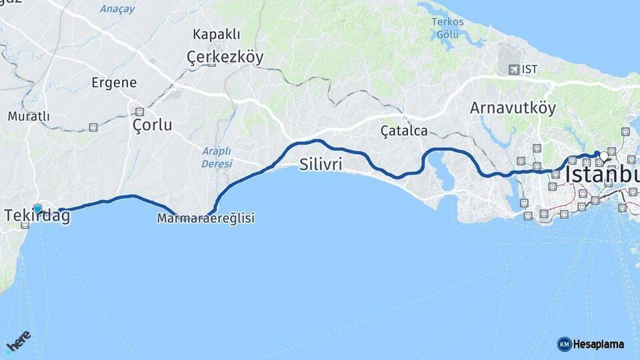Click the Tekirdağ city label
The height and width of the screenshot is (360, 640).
[37, 217]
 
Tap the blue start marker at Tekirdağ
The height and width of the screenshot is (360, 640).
[37, 209]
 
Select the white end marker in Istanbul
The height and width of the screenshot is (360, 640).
[604, 156]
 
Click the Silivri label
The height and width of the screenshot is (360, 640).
[321, 164]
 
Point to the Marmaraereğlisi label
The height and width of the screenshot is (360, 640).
[206, 218]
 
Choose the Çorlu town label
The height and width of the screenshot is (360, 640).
[152, 125]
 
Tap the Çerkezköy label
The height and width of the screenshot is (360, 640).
[225, 57]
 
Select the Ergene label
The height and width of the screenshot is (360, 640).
[115, 83]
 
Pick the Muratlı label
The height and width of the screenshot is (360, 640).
[29, 116]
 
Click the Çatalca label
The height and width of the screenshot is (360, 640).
[404, 131]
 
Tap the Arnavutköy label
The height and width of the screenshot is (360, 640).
[512, 108]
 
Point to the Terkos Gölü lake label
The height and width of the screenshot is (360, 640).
[447, 27]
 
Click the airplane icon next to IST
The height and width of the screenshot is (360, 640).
[513, 69]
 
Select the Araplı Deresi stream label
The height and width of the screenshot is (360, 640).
[217, 157]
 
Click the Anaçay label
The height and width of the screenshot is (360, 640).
[117, 9]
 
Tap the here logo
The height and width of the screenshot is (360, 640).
[19, 341]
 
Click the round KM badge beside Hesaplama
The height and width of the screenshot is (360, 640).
[564, 344]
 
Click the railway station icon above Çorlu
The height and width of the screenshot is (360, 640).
[140, 112]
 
